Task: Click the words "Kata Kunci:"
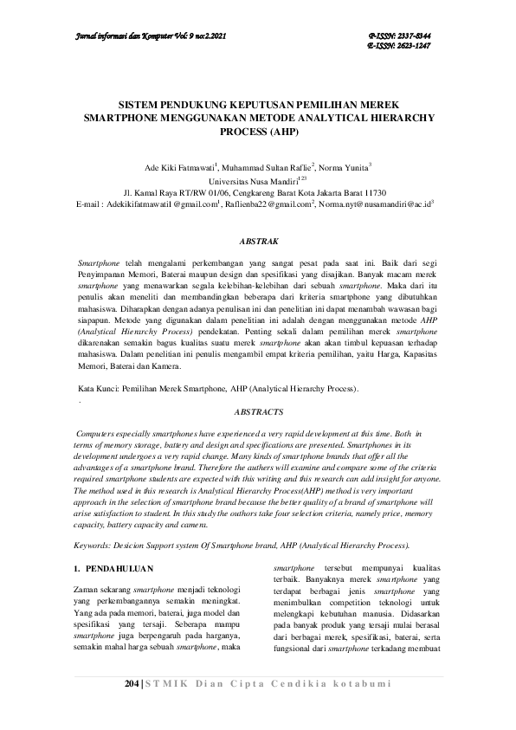97,391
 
